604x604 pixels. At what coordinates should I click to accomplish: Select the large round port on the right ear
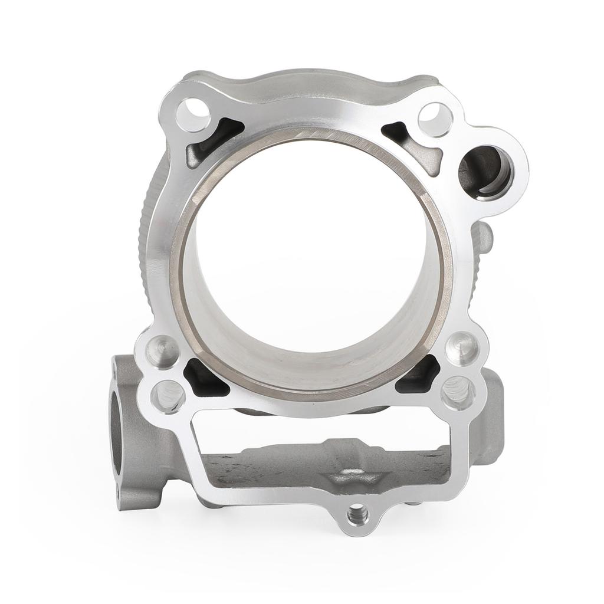(486, 172)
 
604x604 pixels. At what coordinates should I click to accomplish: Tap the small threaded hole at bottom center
(356, 517)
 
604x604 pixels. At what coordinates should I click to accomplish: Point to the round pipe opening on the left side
(116, 434)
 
